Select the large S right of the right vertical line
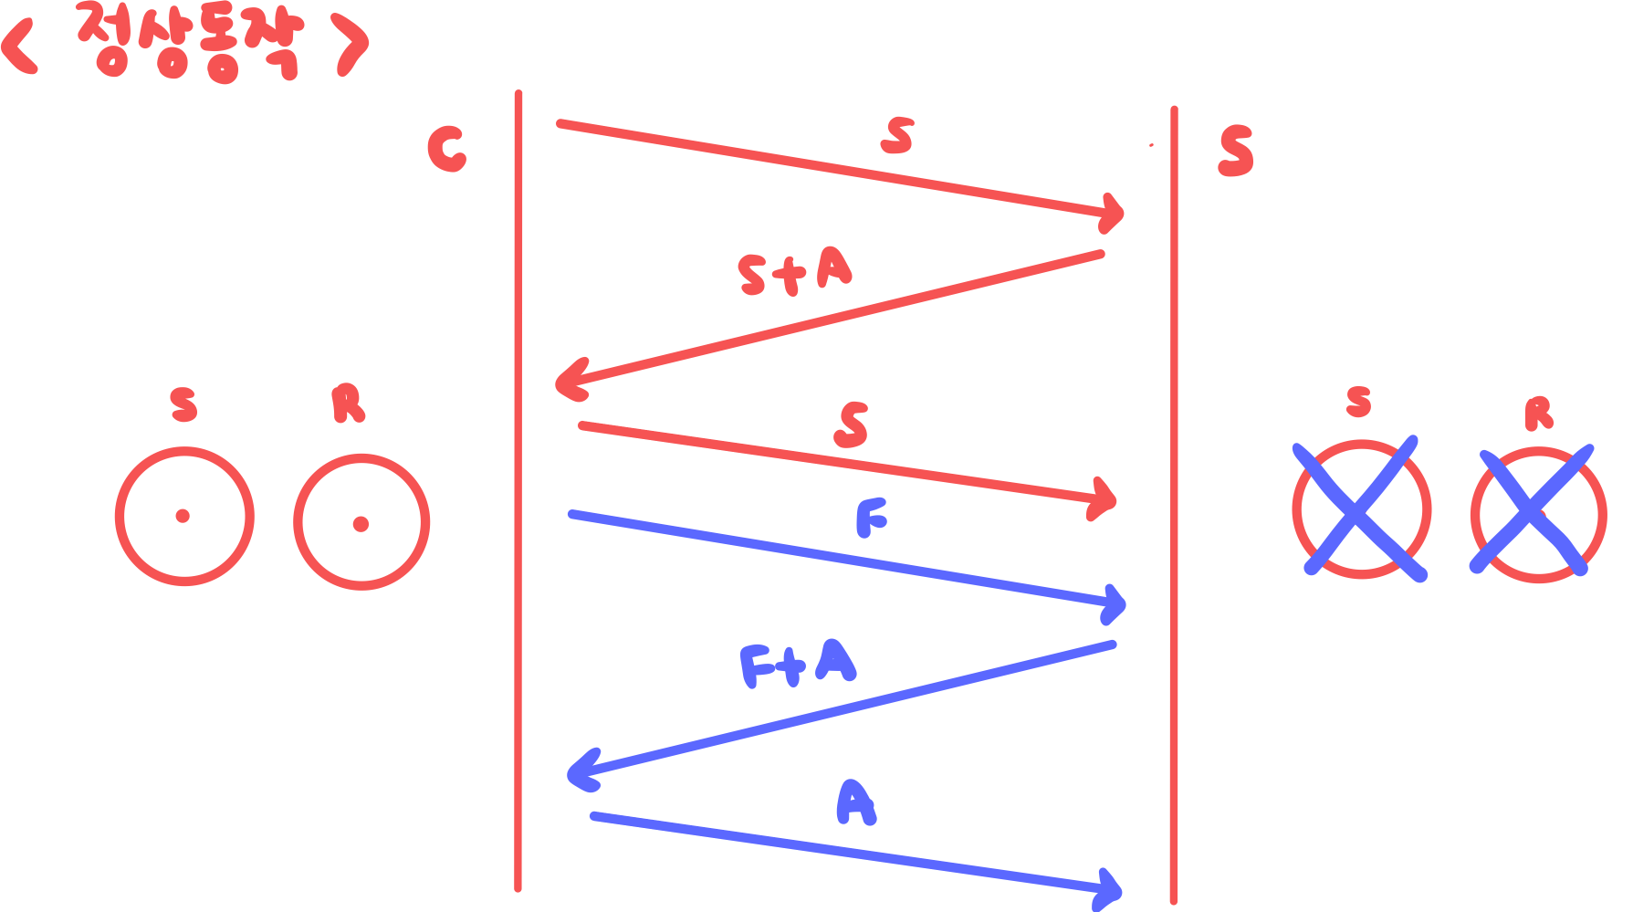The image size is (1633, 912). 1236,152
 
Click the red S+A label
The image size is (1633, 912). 794,272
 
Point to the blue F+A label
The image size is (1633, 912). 797,664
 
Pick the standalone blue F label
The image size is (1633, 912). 871,520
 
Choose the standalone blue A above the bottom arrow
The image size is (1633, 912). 855,803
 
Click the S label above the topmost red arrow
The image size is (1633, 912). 897,137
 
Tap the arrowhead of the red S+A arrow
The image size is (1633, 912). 568,383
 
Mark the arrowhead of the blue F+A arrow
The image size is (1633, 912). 578,774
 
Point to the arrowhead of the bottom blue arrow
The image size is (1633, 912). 1111,889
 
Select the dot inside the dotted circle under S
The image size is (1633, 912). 183,516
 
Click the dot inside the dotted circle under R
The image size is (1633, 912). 361,524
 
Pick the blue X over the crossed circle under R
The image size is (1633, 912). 1532,511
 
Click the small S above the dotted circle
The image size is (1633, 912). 183,404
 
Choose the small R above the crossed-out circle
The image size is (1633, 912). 1538,414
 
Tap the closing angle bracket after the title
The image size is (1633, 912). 351,44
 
